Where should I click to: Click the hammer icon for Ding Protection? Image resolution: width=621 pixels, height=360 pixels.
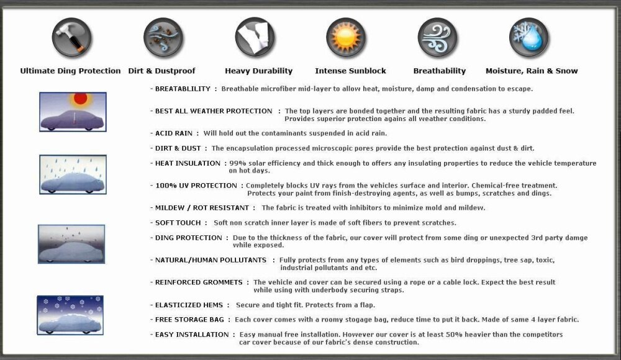tap(71, 38)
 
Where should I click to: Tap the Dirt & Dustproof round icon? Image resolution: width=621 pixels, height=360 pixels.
tap(163, 38)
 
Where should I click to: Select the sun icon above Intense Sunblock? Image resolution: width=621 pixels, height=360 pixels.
tap(346, 38)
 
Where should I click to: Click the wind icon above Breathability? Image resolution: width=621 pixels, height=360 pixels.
tap(437, 38)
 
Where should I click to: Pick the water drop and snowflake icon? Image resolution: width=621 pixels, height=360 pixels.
tap(529, 38)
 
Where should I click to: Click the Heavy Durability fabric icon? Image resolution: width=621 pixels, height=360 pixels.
tap(255, 38)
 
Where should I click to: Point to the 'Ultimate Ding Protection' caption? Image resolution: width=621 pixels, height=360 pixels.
tap(70, 71)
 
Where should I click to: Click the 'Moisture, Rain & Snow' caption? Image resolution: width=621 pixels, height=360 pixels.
tap(532, 71)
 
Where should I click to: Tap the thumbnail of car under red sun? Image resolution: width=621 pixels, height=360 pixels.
tap(73, 112)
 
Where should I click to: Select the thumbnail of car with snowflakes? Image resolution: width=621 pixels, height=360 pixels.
tap(70, 315)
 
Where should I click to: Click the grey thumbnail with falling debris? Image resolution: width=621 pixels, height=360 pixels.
tap(71, 244)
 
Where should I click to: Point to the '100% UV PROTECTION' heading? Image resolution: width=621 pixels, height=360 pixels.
tap(196, 186)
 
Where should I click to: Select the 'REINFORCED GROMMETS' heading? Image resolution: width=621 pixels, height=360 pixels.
tap(198, 282)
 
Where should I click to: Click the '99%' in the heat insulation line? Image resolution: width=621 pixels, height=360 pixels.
tap(238, 163)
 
